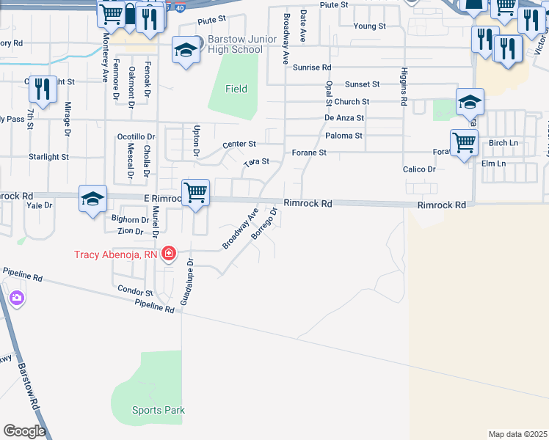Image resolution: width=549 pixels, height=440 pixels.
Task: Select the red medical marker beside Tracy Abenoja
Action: (x=170, y=254)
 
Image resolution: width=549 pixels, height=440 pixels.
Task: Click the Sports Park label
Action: (x=159, y=411)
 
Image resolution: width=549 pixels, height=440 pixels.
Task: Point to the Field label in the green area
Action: (x=236, y=89)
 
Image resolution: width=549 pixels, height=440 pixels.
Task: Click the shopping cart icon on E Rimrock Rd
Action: (x=196, y=194)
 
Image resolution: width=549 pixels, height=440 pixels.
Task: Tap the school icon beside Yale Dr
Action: (x=93, y=199)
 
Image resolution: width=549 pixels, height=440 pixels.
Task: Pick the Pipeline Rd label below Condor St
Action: (x=154, y=307)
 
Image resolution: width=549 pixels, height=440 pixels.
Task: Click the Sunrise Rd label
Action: (x=313, y=67)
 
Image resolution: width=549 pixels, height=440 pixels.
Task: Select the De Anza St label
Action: (x=344, y=117)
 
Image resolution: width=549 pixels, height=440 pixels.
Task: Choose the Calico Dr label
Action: (x=419, y=169)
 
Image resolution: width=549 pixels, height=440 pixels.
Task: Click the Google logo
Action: (x=24, y=431)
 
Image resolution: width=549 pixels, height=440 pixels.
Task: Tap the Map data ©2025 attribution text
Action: (x=517, y=434)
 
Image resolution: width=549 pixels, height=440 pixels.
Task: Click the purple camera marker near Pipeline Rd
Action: (x=16, y=298)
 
